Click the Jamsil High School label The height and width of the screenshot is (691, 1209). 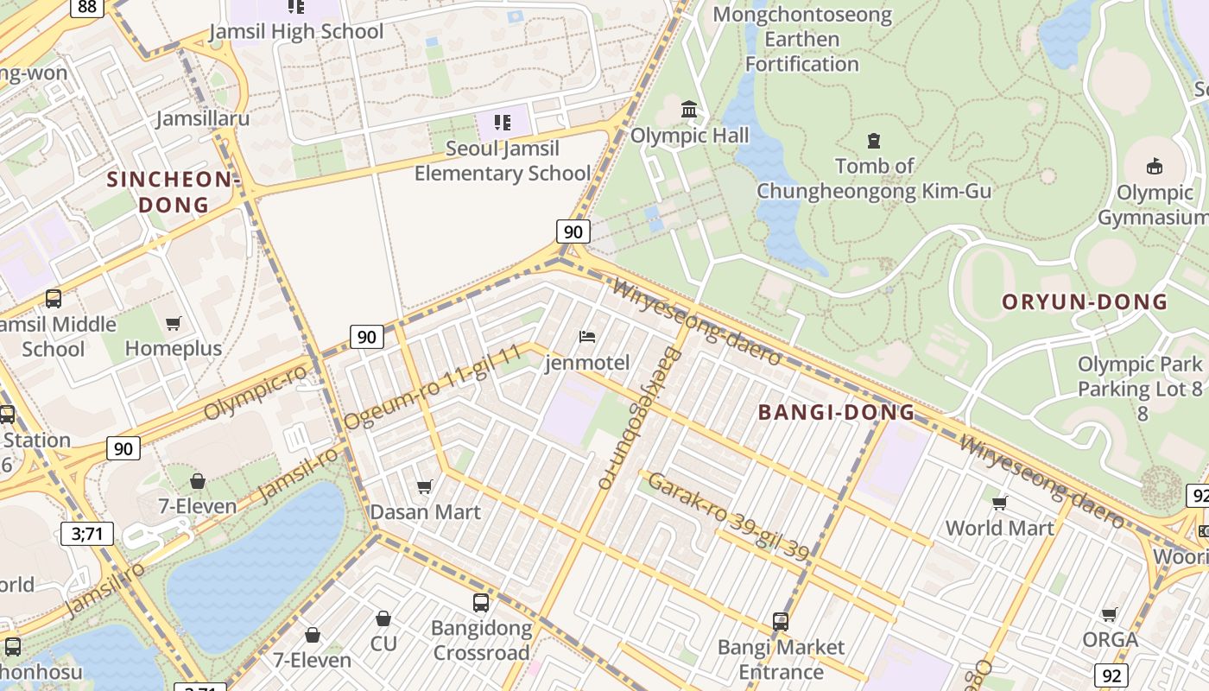click(296, 31)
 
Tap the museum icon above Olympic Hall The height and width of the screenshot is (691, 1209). click(689, 109)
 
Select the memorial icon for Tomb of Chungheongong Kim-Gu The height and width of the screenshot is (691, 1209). click(874, 140)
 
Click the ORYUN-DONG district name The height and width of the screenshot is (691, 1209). click(1085, 301)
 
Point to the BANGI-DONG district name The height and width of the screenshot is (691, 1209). click(836, 412)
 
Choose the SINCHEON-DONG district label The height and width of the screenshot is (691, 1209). click(174, 192)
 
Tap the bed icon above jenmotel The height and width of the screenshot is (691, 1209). click(587, 336)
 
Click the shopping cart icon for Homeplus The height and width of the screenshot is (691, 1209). click(174, 323)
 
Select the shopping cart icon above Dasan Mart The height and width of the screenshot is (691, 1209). click(424, 487)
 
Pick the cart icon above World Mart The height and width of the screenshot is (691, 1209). click(999, 503)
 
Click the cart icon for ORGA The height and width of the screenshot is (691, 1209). click(1109, 614)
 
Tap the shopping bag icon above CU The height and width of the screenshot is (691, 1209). click(383, 618)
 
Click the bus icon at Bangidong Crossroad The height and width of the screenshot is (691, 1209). click(480, 602)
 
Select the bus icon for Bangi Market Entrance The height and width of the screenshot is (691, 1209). click(780, 621)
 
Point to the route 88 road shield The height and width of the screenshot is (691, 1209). click(86, 7)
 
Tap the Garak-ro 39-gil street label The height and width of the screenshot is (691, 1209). click(728, 516)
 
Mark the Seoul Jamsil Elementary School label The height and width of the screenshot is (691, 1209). click(502, 161)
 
